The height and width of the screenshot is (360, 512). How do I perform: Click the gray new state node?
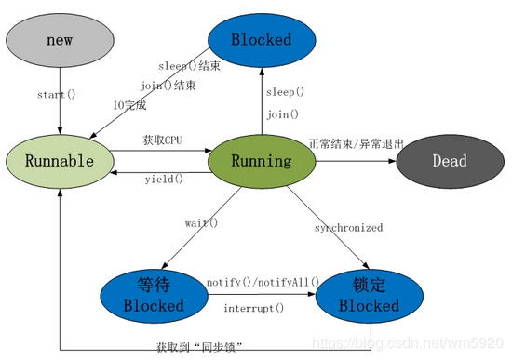[59, 41]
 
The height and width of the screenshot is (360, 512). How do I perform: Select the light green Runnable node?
[59, 161]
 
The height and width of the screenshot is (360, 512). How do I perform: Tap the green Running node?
[261, 161]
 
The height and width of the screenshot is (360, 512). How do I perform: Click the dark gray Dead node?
[450, 161]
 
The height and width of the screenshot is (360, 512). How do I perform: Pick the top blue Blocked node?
[261, 40]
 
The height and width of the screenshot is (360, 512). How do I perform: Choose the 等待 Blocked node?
[155, 295]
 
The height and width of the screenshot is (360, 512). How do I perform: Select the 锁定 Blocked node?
[369, 295]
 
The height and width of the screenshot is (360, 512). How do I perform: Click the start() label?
[57, 95]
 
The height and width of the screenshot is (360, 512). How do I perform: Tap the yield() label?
[164, 179]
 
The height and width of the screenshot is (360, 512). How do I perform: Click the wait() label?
[201, 222]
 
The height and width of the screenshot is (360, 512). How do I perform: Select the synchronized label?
[348, 227]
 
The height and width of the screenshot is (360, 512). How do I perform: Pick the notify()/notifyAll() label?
[263, 282]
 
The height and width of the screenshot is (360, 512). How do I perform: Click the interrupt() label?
[255, 308]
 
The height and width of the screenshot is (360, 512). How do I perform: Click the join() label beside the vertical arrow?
[281, 115]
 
